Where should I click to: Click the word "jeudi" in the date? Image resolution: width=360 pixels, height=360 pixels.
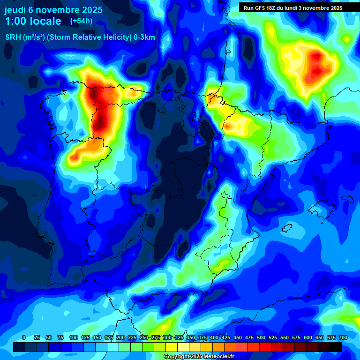coord(15,10)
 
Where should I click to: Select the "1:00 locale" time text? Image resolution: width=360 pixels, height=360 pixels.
coord(33,21)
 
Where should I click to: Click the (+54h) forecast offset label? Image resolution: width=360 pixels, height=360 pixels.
coord(81,21)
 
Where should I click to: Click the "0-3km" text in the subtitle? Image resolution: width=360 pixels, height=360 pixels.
coord(144,37)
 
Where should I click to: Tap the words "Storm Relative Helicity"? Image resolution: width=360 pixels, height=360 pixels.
coord(89,37)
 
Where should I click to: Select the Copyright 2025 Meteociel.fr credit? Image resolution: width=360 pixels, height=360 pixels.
coord(198,357)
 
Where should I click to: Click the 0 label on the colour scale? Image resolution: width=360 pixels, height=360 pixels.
coord(24,337)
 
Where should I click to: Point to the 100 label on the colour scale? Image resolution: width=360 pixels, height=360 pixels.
coord(74,337)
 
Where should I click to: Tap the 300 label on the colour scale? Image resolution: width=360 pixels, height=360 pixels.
coord(167,337)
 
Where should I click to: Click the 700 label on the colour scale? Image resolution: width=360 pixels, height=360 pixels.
coord(343,337)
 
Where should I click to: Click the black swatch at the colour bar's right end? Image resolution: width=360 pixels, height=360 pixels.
coord(336,347)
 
